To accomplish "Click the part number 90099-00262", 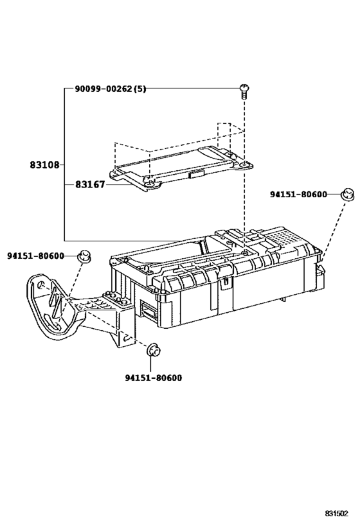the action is coord(103,89).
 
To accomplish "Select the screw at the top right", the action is coord(244,92).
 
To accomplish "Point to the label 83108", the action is coord(44,164).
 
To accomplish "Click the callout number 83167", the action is coord(89,184).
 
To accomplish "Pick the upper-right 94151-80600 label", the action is coord(298,194).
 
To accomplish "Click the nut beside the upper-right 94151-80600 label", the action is coord(348,195).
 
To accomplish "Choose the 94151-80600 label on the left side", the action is coord(35,256).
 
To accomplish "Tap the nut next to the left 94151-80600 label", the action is coord(84,256).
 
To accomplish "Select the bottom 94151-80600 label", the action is coord(154,378).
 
